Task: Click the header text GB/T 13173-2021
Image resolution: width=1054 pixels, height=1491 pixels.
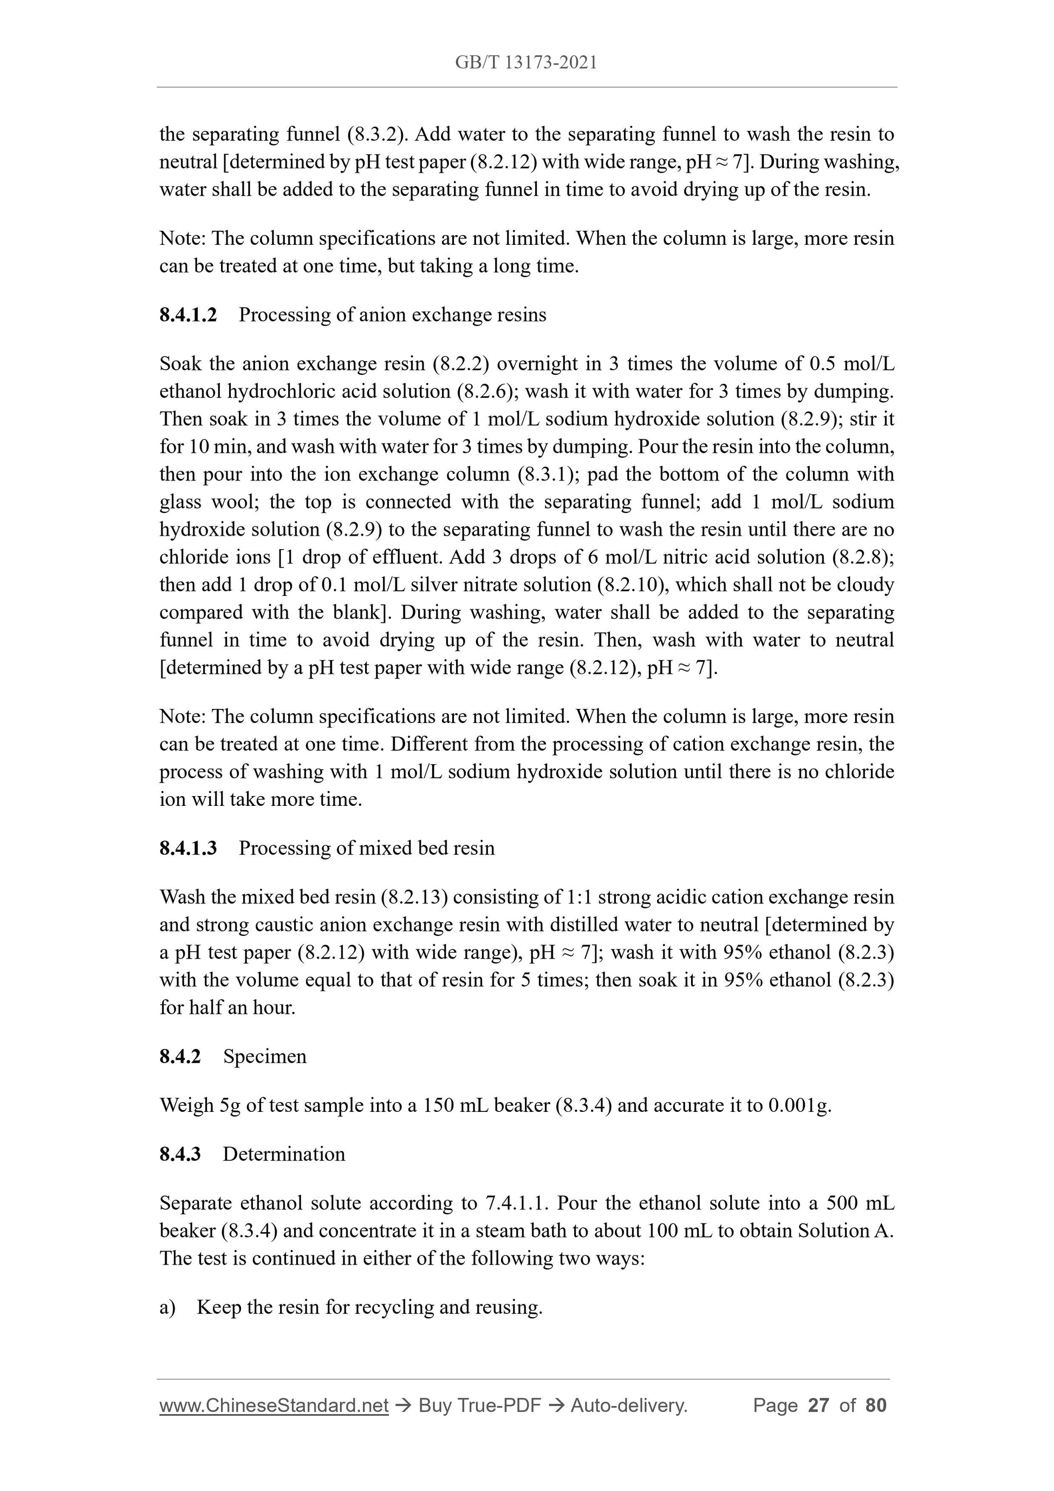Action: (526, 62)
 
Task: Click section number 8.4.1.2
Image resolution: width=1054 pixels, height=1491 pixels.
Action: (188, 315)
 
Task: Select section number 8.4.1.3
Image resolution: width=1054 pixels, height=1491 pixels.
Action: (188, 848)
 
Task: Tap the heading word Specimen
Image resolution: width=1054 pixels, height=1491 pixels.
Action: (265, 1057)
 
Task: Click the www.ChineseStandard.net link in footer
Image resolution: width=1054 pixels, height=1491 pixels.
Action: (274, 1405)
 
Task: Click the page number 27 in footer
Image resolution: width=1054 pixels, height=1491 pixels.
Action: (818, 1405)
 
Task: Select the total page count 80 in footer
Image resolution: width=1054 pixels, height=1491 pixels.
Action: (876, 1405)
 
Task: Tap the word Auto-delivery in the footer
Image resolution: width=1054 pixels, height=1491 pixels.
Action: (629, 1405)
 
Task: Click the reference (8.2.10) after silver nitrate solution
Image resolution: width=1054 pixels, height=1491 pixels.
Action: (633, 585)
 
